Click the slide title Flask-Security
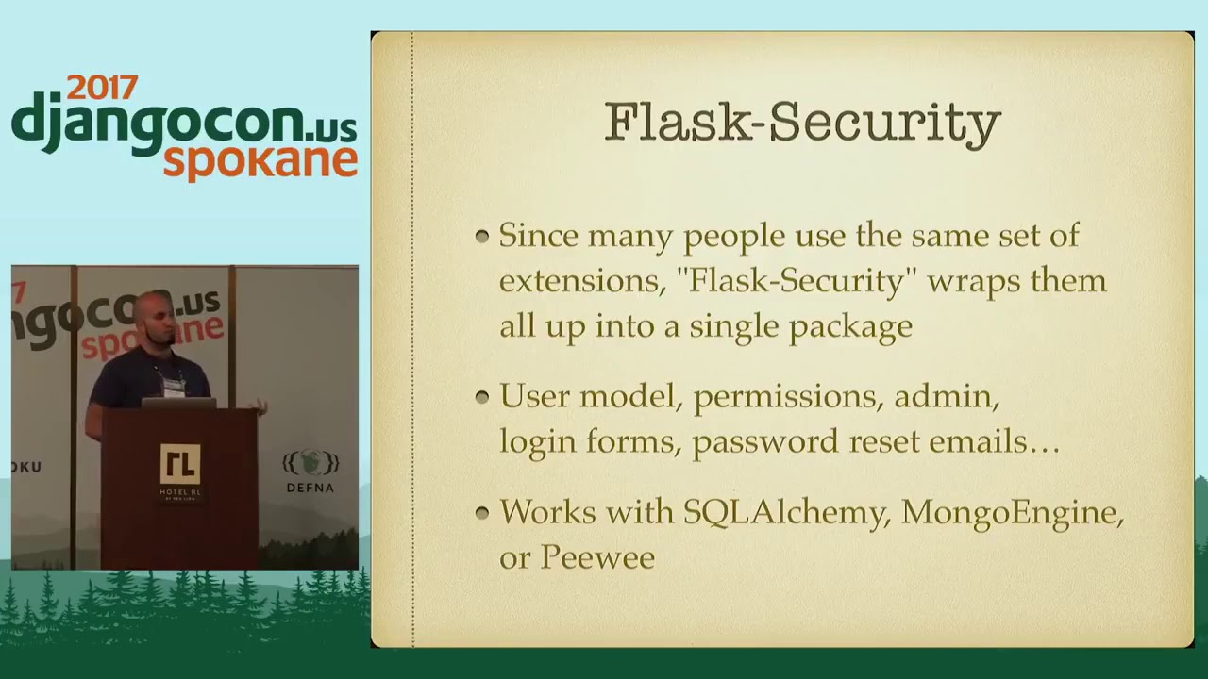click(x=802, y=123)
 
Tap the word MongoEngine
click(x=1010, y=512)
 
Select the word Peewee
click(x=596, y=557)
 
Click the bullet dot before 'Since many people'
click(x=482, y=236)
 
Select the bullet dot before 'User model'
click(x=482, y=397)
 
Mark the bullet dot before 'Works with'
click(x=482, y=512)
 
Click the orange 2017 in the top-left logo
click(x=102, y=89)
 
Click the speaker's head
click(x=153, y=317)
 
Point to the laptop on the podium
click(x=178, y=403)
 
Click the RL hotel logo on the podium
click(x=179, y=464)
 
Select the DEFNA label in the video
click(x=310, y=488)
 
